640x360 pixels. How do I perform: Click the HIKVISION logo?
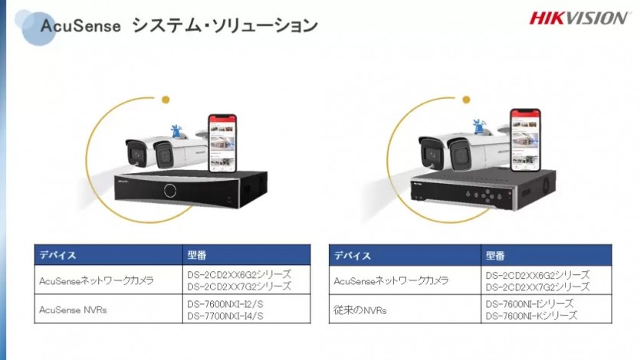(579, 18)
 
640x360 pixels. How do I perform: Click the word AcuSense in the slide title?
(80, 26)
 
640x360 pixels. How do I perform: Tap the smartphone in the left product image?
(222, 143)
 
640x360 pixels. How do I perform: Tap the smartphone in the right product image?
(526, 139)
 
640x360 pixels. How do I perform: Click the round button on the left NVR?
(170, 191)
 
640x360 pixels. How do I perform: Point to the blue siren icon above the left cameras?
(177, 131)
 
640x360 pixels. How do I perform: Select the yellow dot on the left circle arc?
(166, 100)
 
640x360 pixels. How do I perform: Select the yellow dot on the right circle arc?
(466, 100)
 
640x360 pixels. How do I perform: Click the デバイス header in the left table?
(57, 255)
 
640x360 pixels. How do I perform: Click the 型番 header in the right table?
(495, 256)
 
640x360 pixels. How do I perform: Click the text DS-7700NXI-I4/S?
(225, 316)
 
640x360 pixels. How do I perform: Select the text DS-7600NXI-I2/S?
(225, 304)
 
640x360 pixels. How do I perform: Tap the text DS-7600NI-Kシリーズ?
(531, 316)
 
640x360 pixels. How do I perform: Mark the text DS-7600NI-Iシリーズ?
(530, 304)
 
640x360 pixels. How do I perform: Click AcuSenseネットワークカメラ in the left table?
(97, 280)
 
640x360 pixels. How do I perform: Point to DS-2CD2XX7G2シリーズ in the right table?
(537, 287)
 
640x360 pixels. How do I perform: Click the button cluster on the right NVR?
(484, 195)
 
